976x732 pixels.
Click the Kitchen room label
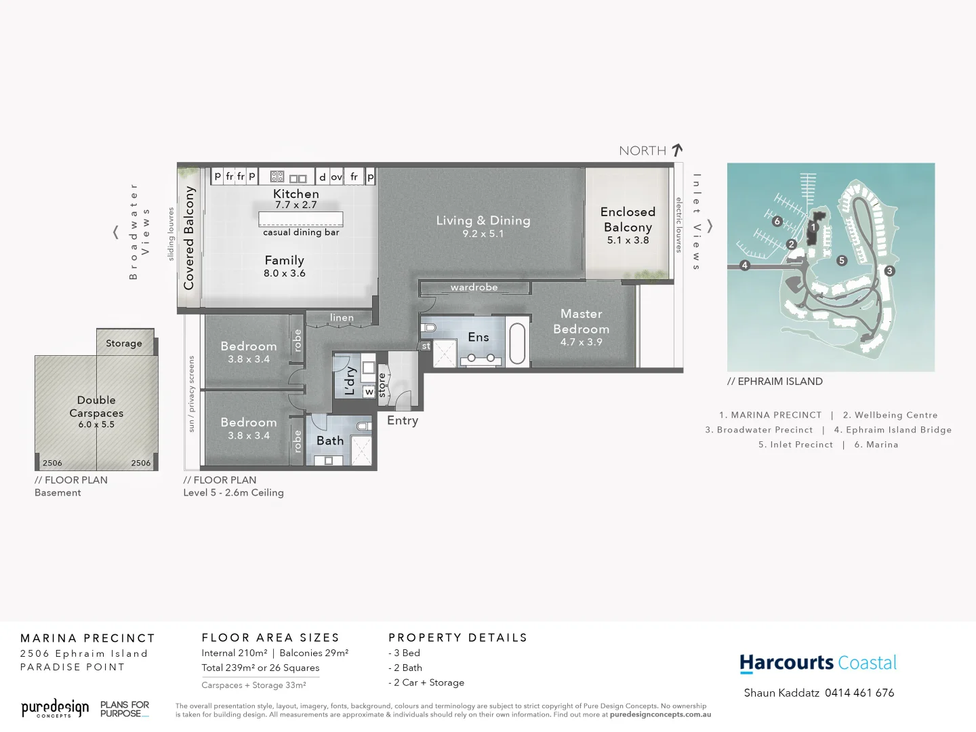296,194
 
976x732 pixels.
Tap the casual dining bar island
300,220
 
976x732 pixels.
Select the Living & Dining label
483,220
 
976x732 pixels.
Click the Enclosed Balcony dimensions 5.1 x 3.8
628,241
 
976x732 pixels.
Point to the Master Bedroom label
581,321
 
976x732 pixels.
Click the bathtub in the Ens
517,343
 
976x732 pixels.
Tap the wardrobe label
474,287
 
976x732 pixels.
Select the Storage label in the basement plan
124,344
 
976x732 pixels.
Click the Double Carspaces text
96,407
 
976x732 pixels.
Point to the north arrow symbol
677,150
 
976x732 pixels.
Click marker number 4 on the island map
745,265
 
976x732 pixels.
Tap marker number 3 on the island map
889,270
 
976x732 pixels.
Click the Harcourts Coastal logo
817,663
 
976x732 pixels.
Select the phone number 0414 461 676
859,693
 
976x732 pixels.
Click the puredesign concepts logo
55,709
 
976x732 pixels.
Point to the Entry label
403,421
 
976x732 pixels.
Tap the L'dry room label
350,381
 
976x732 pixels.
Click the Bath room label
330,441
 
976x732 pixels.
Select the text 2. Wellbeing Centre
890,415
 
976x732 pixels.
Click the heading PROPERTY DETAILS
457,638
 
